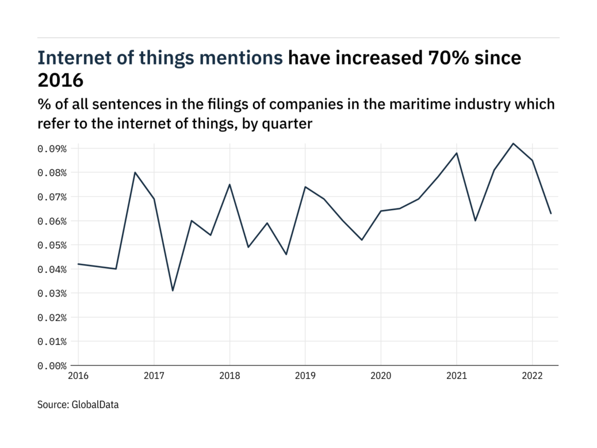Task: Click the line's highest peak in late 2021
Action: click(513, 143)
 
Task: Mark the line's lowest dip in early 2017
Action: click(173, 291)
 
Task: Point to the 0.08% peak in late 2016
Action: click(135, 172)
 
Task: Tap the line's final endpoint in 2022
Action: click(551, 214)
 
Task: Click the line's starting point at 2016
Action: click(78, 264)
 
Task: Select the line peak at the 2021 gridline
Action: click(457, 153)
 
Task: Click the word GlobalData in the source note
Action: click(95, 405)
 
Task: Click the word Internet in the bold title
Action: click(73, 58)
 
